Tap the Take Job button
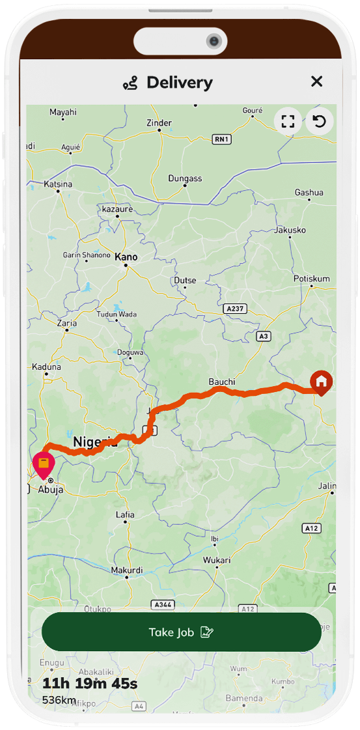[x=181, y=632]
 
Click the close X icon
[x=316, y=81]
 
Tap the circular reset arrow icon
[x=320, y=121]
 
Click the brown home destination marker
[x=321, y=382]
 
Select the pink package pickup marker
[x=43, y=465]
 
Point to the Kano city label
[x=126, y=257]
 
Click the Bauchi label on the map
[x=221, y=381]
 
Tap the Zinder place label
[x=159, y=122]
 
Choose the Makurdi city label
[x=126, y=570]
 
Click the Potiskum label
[x=312, y=279]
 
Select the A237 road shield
[x=234, y=307]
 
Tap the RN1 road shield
[x=222, y=139]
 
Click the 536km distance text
[x=59, y=700]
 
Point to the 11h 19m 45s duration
[x=90, y=683]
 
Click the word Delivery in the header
[x=179, y=83]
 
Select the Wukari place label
[x=217, y=560]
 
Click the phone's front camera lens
[x=214, y=42]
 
